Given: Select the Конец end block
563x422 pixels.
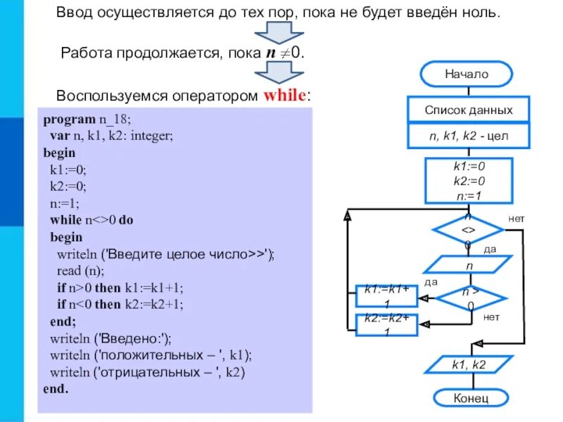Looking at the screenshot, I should tap(470, 398).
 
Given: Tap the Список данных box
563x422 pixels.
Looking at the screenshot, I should tap(468, 110).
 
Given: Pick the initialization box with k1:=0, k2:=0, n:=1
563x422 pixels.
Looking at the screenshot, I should tap(469, 181).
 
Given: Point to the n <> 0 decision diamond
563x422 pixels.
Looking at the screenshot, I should tap(468, 230).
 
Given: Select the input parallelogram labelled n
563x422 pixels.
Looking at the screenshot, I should tap(468, 266).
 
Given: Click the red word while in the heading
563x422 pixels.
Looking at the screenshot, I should tap(286, 96).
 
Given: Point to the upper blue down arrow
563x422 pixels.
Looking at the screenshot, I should tap(279, 32).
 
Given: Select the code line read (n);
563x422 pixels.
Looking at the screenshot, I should tap(80, 271).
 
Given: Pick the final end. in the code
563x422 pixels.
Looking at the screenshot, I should tap(56, 389).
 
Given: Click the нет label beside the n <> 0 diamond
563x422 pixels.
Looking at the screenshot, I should tap(516, 219).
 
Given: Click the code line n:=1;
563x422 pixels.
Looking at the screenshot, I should tap(65, 203).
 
